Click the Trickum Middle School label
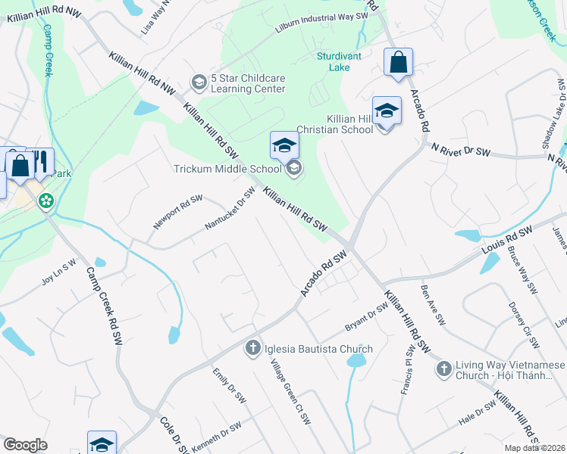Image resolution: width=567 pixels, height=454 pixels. (231, 168)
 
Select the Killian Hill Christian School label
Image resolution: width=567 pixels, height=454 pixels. (349, 124)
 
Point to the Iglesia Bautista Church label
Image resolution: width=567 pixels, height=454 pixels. (318, 349)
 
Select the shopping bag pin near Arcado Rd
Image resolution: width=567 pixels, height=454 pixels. (398, 64)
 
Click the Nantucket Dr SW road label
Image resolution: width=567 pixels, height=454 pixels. (229, 210)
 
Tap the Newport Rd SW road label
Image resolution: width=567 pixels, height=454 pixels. (177, 212)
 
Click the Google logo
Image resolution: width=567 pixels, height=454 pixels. (25, 445)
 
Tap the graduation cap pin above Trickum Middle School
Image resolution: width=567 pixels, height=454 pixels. (284, 145)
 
